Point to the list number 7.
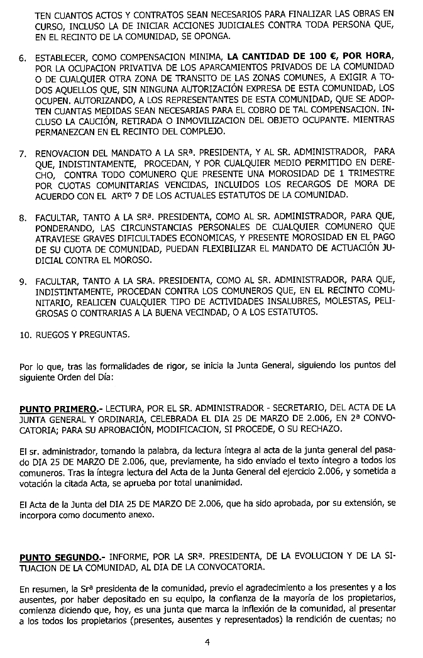(x=22, y=153)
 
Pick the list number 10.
(x=25, y=334)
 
